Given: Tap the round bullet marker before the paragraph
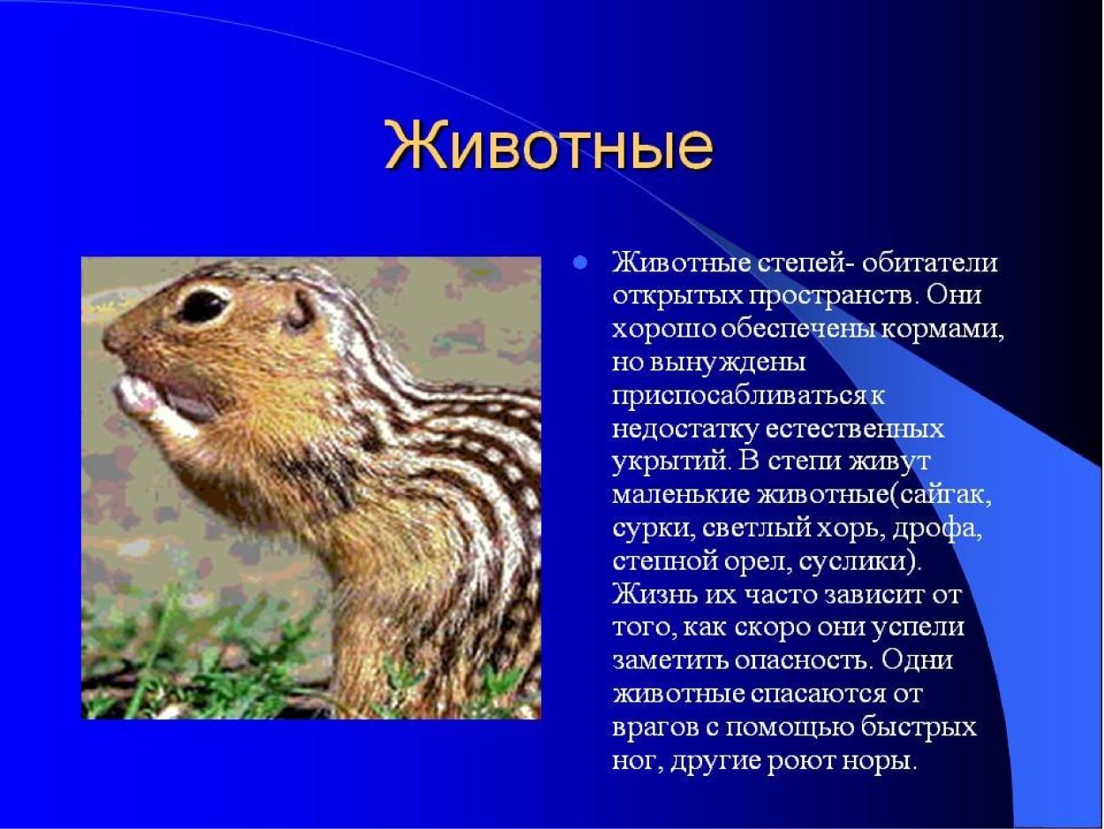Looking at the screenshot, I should pyautogui.click(x=580, y=262).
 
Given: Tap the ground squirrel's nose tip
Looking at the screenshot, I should pyautogui.click(x=110, y=337).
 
